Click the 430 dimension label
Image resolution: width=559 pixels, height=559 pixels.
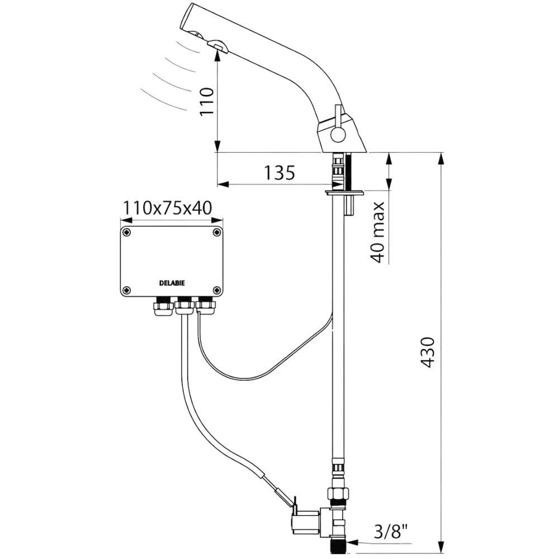[428, 352]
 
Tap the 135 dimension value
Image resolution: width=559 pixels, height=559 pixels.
[279, 173]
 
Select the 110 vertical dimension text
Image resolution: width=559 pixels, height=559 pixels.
[207, 101]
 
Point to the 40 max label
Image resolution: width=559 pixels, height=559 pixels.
[378, 232]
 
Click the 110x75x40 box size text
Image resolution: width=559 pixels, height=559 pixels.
[168, 208]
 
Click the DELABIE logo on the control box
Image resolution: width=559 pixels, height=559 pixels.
[172, 283]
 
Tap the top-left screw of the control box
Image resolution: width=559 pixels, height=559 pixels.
[126, 233]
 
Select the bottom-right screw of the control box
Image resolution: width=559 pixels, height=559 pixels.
[216, 290]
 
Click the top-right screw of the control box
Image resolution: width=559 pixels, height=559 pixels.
[216, 233]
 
